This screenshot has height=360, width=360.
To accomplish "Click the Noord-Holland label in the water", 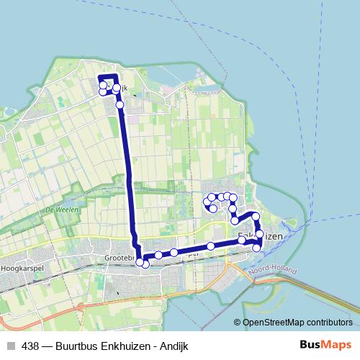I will click(x=269, y=269).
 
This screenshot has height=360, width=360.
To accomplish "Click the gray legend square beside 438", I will click(x=11, y=346).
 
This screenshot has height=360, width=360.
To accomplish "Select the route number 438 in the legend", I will click(x=30, y=346).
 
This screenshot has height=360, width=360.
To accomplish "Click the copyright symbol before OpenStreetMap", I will click(x=238, y=323).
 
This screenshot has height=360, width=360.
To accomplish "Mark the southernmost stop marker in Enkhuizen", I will click(x=256, y=248).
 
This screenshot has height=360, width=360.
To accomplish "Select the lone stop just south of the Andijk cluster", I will click(x=120, y=105).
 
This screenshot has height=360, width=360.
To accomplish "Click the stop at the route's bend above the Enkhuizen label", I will click(x=255, y=216).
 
